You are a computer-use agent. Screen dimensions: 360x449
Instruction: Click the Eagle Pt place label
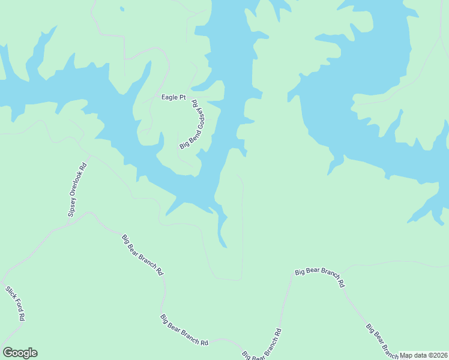(173, 97)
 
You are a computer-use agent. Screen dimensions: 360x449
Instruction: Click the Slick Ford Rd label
(15, 303)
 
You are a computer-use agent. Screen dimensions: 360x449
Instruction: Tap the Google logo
(20, 353)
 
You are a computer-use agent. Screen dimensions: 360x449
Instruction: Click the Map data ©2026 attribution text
(423, 355)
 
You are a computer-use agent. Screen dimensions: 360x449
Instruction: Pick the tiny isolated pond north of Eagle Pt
(122, 9)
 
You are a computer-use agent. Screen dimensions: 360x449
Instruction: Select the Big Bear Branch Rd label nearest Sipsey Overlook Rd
(143, 254)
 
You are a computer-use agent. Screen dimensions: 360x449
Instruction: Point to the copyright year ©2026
(436, 355)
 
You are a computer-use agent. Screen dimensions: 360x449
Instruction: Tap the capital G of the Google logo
(8, 353)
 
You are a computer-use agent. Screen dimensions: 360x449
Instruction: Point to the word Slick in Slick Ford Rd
(10, 293)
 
